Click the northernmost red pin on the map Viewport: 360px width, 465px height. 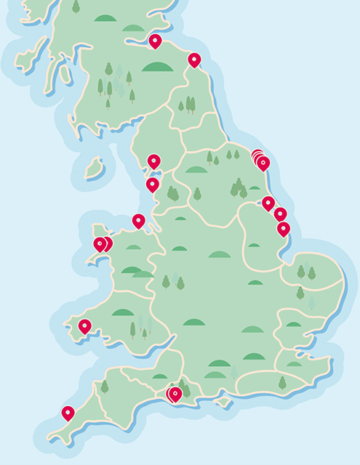pyautogui.click(x=155, y=41)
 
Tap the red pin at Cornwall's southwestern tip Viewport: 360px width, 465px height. pyautogui.click(x=68, y=413)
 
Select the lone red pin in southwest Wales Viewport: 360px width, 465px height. pyautogui.click(x=85, y=326)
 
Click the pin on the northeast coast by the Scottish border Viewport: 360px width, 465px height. pyautogui.click(x=194, y=60)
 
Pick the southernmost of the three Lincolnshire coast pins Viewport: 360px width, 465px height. pyautogui.click(x=284, y=228)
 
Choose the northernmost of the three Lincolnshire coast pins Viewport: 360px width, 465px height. pyautogui.click(x=268, y=203)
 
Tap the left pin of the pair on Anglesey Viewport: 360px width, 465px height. pyautogui.click(x=100, y=243)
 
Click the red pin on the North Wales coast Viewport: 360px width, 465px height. pyautogui.click(x=138, y=220)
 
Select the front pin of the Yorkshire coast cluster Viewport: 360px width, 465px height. pyautogui.click(x=263, y=163)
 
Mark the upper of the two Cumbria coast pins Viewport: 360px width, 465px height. pyautogui.click(x=153, y=161)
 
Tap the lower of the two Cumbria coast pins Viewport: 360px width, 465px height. pyautogui.click(x=152, y=184)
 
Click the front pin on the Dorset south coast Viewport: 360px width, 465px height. pyautogui.click(x=175, y=394)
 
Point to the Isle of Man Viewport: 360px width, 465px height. pyautogui.click(x=95, y=169)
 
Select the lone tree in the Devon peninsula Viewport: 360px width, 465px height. pyautogui.click(x=105, y=386)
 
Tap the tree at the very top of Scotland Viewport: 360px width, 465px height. pyautogui.click(x=76, y=7)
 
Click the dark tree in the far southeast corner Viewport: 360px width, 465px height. pyautogui.click(x=282, y=382)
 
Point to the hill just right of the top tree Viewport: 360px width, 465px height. pyautogui.click(x=105, y=17)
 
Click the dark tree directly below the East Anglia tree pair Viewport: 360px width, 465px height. pyautogui.click(x=300, y=293)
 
